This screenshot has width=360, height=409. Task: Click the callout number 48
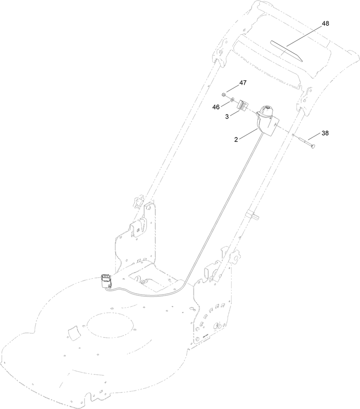click(x=325, y=24)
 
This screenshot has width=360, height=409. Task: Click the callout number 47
click(x=243, y=83)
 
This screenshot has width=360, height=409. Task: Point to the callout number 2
click(x=236, y=140)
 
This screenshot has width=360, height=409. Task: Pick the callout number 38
click(x=325, y=134)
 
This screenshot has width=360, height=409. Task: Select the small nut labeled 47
click(x=224, y=95)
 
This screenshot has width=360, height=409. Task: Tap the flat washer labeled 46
click(x=231, y=99)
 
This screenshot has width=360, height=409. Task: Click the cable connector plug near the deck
click(x=106, y=280)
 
